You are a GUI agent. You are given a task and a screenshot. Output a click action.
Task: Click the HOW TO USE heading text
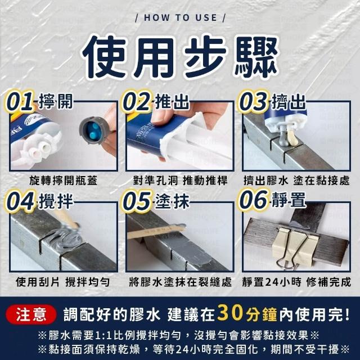click(x=180, y=17)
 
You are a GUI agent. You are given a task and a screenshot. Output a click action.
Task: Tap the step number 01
click(x=20, y=102)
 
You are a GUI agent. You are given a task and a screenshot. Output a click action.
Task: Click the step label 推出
click(x=172, y=102)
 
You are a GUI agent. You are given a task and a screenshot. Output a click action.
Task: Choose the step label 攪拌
click(x=56, y=201)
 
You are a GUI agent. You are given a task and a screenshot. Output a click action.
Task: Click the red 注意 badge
click(x=31, y=314)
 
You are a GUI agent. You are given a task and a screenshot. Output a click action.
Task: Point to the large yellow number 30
click(x=230, y=313)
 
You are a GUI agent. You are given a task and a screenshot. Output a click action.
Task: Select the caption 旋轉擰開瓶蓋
click(x=64, y=181)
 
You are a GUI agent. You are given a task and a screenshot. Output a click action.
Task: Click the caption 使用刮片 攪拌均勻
click(x=62, y=282)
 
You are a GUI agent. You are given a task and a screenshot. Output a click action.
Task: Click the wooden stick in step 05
click(x=156, y=231)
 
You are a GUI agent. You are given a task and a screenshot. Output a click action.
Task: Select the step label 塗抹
click(x=172, y=201)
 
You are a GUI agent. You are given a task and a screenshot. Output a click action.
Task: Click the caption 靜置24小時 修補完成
click(x=296, y=282)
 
